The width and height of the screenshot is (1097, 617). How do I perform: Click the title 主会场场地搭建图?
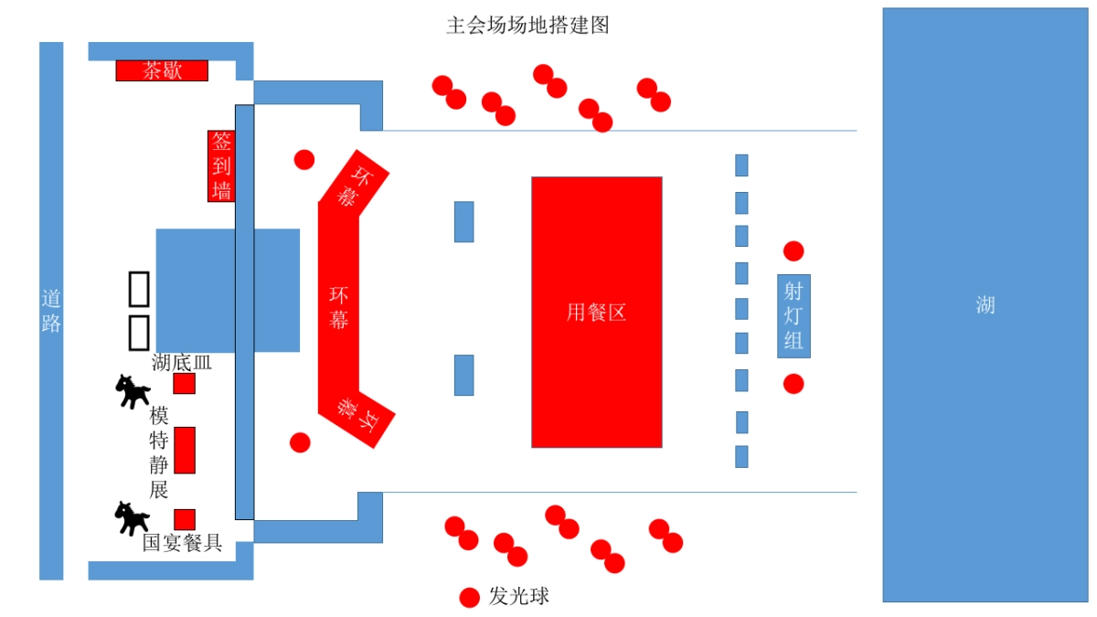(x=527, y=25)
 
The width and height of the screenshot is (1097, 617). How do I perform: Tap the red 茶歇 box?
(x=162, y=70)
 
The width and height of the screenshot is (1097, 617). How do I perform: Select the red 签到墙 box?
(x=221, y=165)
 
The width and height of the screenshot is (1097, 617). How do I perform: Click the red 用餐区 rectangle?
(x=596, y=312)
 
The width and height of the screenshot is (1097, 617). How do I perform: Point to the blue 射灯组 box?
(x=793, y=315)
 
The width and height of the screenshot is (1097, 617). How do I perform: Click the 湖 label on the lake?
(x=985, y=304)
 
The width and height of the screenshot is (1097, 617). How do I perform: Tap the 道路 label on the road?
(x=51, y=311)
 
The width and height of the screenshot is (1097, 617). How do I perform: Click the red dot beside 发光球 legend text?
(x=469, y=598)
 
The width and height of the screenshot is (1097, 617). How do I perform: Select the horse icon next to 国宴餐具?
(x=132, y=518)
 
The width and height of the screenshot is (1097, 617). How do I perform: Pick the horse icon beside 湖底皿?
(x=133, y=391)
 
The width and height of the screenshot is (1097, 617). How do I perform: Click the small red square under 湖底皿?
(x=185, y=384)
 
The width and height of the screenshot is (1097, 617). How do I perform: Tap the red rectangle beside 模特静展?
(x=185, y=450)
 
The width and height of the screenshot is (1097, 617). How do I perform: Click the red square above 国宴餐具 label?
(x=185, y=519)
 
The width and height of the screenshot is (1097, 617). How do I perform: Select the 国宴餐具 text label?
(x=183, y=543)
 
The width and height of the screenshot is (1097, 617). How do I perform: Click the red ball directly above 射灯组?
(x=793, y=250)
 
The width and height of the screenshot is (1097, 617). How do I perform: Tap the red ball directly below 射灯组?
(x=793, y=384)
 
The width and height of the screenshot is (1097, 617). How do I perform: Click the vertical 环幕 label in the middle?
(x=339, y=308)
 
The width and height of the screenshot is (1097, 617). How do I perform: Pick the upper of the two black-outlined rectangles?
(x=139, y=288)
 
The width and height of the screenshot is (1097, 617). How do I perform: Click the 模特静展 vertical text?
(x=159, y=452)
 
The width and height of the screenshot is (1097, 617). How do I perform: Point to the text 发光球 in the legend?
(x=519, y=597)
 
